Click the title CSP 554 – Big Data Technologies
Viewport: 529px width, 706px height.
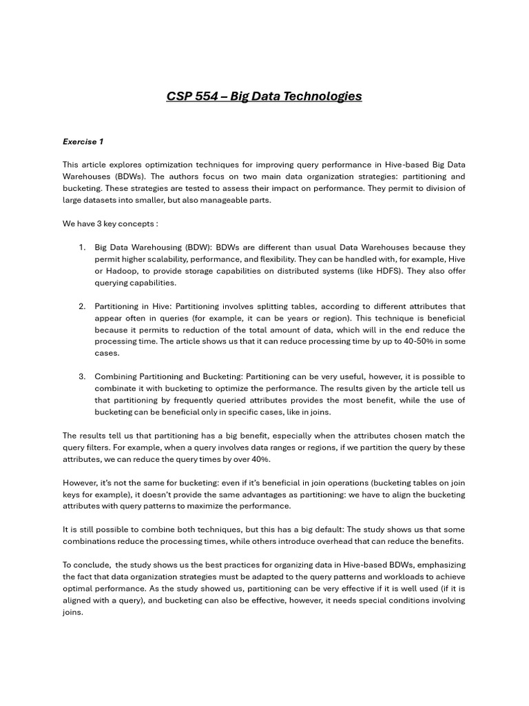[x=264, y=96]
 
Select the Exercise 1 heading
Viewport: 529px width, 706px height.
[x=83, y=141]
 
